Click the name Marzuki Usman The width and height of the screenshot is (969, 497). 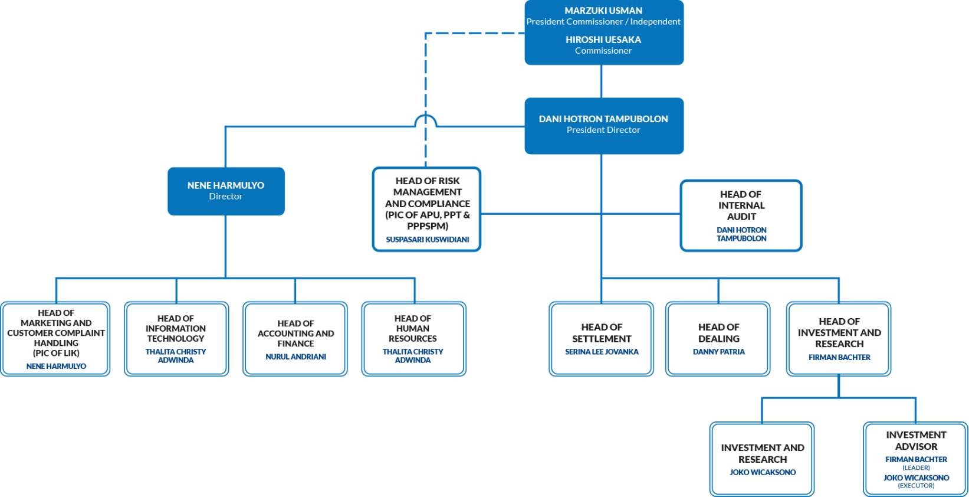tap(603, 11)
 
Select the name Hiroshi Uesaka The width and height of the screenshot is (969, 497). tap(603, 40)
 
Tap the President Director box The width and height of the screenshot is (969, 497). tap(604, 125)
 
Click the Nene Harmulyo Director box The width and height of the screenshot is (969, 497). tap(226, 191)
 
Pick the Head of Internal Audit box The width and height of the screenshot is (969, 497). tap(741, 215)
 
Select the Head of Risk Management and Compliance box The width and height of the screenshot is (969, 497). tap(427, 209)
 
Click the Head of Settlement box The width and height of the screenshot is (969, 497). tap(601, 338)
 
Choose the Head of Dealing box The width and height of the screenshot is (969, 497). tap(718, 338)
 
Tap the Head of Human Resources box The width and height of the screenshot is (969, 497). tap(413, 338)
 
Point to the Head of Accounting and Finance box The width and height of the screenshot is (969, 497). tap(295, 338)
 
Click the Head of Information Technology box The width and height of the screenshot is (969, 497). tap(176, 338)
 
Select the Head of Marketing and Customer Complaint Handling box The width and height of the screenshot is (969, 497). tap(56, 338)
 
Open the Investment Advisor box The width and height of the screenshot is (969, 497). tap(915, 459)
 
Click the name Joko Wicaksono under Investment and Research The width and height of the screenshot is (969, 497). tap(763, 472)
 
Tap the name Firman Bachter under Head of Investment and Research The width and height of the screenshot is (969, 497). tap(839, 357)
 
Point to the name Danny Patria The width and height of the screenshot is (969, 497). tap(718, 352)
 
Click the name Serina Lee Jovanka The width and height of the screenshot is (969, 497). tap(602, 352)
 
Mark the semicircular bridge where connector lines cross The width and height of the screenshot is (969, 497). tap(425, 120)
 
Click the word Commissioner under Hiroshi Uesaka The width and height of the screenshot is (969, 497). tap(603, 51)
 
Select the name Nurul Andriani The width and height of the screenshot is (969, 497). tap(296, 357)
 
